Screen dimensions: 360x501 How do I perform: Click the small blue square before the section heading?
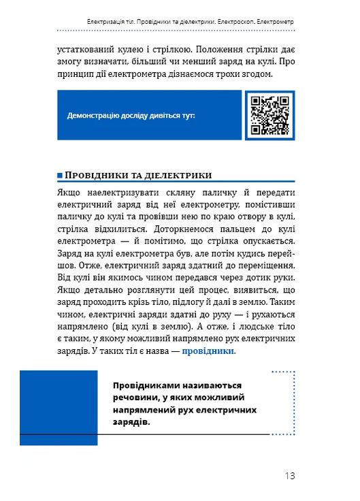pyautogui.click(x=61, y=175)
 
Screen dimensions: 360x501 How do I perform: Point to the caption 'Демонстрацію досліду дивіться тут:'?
pyautogui.click(x=131, y=116)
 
